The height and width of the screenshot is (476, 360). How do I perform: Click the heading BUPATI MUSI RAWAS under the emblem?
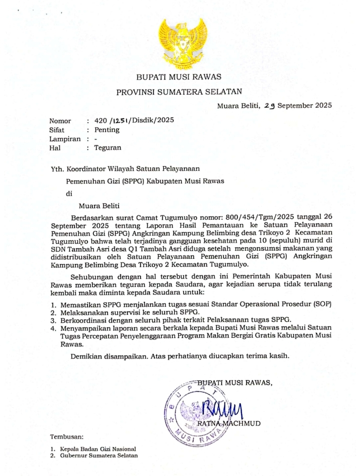179,77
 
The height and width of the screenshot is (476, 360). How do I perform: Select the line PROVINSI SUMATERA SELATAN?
179,92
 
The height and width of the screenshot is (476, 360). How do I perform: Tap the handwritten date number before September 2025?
270,106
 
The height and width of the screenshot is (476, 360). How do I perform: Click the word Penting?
106,130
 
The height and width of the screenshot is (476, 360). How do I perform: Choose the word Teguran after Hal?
107,148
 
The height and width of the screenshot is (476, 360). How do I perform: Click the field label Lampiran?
64,139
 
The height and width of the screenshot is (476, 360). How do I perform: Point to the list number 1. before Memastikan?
53,304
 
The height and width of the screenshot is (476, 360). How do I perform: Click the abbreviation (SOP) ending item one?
323,304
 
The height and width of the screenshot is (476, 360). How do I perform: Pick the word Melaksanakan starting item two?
82,312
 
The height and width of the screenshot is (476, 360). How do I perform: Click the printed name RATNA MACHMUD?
229,423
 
